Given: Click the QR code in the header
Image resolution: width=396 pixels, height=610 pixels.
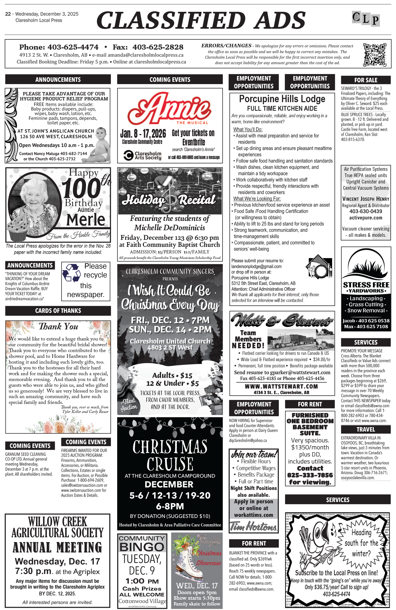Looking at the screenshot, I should (x=374, y=55).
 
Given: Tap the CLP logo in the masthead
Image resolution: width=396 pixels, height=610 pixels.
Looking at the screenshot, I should (x=366, y=19).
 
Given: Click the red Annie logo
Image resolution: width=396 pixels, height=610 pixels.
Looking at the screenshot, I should (x=169, y=107).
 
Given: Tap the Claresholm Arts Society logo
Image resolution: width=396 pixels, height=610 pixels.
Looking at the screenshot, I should (x=142, y=155).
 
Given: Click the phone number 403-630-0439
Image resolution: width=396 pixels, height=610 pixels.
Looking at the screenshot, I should (x=366, y=211).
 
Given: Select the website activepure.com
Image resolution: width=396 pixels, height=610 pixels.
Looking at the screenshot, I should (x=366, y=218).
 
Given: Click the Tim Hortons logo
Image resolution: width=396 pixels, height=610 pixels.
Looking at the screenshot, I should (x=253, y=526).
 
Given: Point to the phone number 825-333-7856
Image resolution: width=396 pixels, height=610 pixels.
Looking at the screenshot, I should (x=310, y=475).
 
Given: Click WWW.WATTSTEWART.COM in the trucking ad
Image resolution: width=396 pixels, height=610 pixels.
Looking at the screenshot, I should (x=281, y=387).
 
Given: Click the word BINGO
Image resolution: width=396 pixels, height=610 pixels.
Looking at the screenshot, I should (x=142, y=547).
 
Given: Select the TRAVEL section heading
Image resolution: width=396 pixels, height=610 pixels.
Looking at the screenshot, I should (x=366, y=429).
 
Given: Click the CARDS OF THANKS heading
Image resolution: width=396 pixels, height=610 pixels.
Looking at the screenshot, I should (x=58, y=311).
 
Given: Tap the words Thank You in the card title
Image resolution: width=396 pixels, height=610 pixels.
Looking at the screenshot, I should (x=58, y=327).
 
